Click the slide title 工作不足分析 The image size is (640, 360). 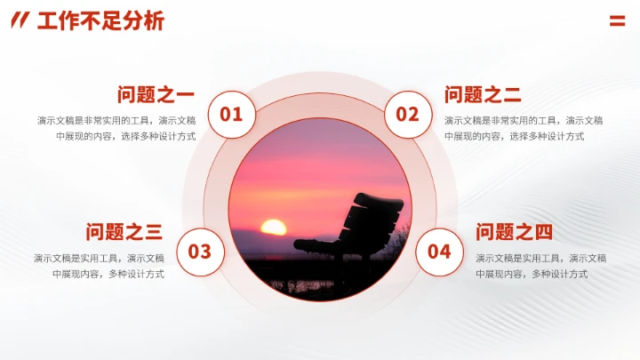tap(100, 21)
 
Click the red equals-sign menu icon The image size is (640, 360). tap(617, 21)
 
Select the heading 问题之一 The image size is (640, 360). tap(156, 94)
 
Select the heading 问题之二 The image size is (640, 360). tap(483, 94)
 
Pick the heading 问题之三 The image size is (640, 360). tap(124, 232)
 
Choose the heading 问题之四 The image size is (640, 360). tap(514, 232)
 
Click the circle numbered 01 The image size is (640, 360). tap(231, 114)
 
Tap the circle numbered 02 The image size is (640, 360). tap(407, 114)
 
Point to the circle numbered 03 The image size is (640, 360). tap(200, 252)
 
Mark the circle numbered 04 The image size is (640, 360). tap(439, 252)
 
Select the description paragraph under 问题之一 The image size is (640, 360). tap(116, 128)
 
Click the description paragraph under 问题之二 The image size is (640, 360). tap(524, 128)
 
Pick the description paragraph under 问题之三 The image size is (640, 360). tap(100, 266)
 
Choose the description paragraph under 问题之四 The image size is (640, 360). tap(540, 266)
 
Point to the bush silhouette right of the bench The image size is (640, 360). tap(398, 244)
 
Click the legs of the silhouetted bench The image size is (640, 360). tap(341, 267)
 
